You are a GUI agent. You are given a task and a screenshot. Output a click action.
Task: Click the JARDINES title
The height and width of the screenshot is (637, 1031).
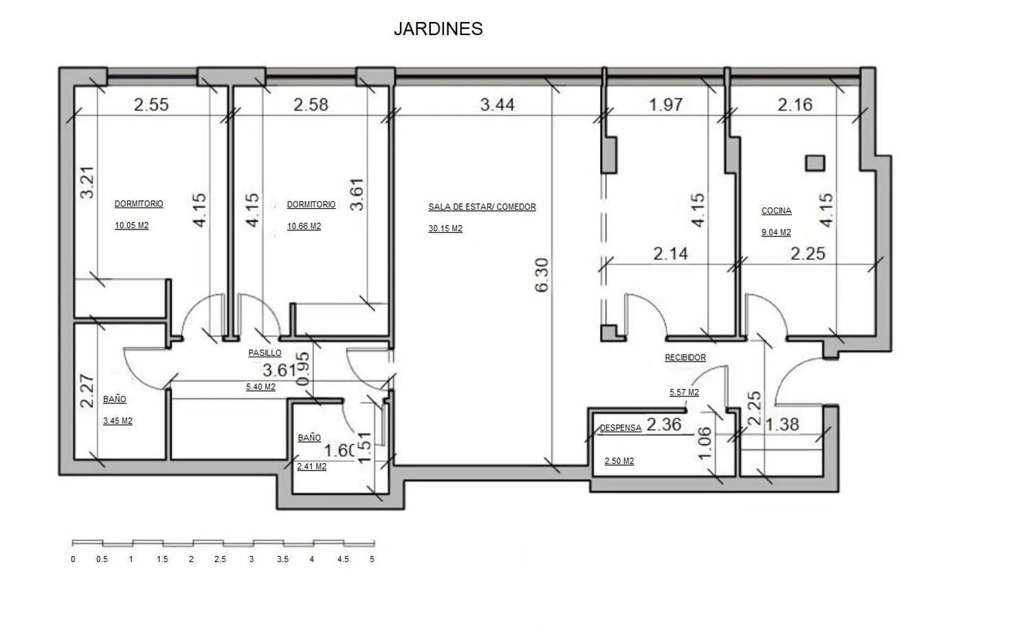coord(439,29)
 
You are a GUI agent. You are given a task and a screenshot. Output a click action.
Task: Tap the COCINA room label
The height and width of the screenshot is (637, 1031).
coord(777,211)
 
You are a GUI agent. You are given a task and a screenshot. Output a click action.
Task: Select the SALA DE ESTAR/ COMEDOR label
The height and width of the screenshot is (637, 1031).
coord(482,207)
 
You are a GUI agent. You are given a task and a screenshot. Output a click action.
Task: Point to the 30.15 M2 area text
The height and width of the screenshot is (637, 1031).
coord(445,228)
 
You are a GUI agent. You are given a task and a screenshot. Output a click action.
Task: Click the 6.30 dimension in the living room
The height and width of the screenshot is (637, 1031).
coord(542,275)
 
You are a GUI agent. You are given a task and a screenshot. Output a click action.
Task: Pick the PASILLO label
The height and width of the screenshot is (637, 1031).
coord(265,353)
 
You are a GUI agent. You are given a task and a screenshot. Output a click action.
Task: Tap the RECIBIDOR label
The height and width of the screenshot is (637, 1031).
coord(685,357)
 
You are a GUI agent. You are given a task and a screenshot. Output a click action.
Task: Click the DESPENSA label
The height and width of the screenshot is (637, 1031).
coord(621,427)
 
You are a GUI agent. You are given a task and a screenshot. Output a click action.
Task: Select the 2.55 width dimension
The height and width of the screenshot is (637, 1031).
coord(151,104)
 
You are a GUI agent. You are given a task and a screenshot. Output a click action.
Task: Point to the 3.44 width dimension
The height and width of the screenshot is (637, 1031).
coord(497,104)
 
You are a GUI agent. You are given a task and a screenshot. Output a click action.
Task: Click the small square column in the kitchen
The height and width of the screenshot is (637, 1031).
coord(814,163)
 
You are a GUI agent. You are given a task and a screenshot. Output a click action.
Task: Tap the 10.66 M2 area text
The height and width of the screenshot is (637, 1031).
coord(304,226)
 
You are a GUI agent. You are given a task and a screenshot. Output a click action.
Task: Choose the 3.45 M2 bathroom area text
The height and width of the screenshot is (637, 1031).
coord(118,421)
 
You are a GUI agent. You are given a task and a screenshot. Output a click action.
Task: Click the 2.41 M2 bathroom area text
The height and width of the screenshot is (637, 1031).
coord(311,467)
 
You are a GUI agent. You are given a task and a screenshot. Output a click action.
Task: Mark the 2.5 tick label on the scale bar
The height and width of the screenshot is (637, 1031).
coord(220,559)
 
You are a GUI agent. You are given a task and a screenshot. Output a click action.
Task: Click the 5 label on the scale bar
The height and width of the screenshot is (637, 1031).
coord(372,559)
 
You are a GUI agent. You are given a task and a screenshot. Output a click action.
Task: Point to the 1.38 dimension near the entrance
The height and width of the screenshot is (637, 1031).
coord(782,425)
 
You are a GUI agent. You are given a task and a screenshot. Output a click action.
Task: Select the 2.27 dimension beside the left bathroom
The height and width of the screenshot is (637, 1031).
coord(87,391)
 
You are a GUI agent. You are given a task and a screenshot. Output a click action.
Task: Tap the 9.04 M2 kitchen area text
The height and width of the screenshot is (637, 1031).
coord(776,232)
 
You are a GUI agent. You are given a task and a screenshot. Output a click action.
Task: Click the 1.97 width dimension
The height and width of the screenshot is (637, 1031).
coord(665,104)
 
